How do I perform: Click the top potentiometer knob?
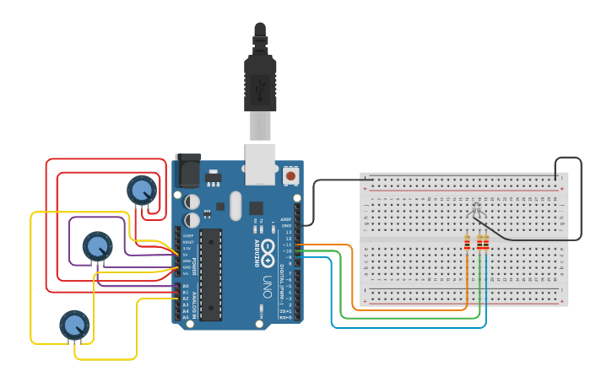(141, 190)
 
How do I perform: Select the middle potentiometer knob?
(97, 246)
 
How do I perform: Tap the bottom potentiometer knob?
(74, 325)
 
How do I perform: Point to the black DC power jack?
(187, 170)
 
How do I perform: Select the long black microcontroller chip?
(210, 274)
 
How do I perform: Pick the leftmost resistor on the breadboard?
(467, 243)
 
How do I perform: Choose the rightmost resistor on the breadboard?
(485, 243)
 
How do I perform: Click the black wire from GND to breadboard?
(314, 202)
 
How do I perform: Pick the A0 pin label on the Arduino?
(186, 286)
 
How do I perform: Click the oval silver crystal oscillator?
(235, 205)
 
